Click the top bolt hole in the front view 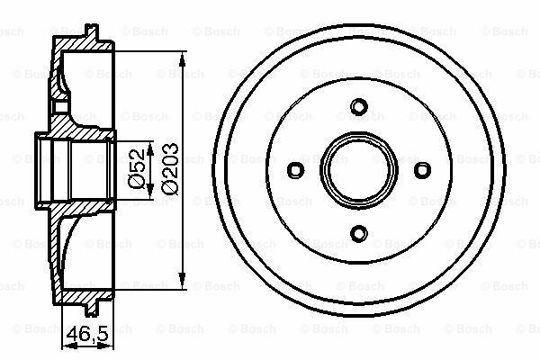point(358,107)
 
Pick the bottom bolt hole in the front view point(358,234)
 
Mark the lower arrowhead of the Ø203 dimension point(183,276)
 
